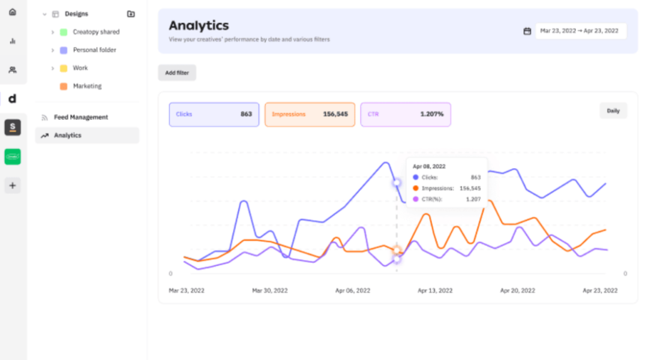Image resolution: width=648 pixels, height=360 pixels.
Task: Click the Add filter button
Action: click(177, 73)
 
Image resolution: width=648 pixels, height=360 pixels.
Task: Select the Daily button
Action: click(613, 111)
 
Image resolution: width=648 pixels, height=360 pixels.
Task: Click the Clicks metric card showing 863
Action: click(214, 115)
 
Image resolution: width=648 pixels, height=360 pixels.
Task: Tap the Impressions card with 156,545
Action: click(310, 115)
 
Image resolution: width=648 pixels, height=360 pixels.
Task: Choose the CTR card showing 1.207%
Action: click(406, 115)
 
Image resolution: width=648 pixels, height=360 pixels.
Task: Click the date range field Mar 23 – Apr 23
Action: click(581, 31)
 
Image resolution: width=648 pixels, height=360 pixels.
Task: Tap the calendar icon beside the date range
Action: click(527, 31)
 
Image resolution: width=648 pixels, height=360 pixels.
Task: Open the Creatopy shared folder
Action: click(96, 32)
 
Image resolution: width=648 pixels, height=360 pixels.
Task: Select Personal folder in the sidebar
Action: click(94, 50)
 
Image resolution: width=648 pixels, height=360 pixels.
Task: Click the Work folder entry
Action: click(80, 68)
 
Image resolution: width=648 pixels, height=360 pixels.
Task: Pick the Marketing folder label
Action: click(87, 86)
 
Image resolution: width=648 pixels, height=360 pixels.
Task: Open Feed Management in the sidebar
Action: click(80, 118)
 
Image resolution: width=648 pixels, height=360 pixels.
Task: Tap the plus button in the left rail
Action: click(13, 185)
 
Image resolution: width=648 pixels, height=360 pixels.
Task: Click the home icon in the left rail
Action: click(13, 12)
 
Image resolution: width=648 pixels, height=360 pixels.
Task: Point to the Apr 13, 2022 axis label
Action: click(435, 290)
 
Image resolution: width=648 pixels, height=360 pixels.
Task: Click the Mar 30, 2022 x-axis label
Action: click(270, 290)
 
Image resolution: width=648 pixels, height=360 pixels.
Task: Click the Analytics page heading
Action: click(199, 26)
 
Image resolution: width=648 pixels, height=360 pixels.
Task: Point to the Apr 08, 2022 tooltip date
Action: click(429, 167)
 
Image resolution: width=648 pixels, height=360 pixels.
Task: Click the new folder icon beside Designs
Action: click(131, 14)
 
